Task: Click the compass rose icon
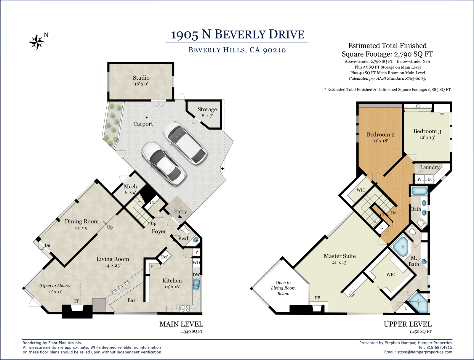(37, 42)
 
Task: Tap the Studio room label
(141, 78)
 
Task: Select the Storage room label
(207, 109)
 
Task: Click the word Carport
(143, 124)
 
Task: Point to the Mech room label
(130, 186)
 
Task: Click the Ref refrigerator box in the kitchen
(164, 257)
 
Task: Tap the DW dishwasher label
(196, 274)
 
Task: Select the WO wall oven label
(196, 263)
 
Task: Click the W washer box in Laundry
(419, 179)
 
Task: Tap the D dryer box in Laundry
(429, 179)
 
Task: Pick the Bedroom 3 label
(427, 131)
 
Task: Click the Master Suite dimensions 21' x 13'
(340, 263)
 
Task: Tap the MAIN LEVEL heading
(181, 324)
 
